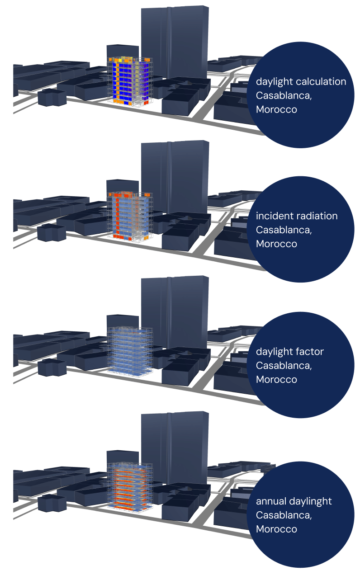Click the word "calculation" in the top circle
(x=321, y=82)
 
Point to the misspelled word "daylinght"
(x=309, y=501)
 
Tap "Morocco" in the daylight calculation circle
(x=276, y=109)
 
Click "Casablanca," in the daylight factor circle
(x=284, y=365)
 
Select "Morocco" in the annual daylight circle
(x=276, y=529)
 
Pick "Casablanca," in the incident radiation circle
(x=284, y=230)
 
